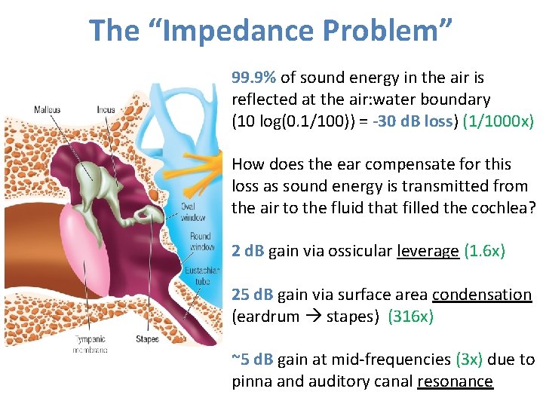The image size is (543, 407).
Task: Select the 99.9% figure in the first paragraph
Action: click(253, 78)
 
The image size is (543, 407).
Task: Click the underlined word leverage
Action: click(428, 251)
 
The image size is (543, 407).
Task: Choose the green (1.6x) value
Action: click(484, 251)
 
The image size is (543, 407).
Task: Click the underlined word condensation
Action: click(482, 295)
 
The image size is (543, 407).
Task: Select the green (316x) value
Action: click(410, 317)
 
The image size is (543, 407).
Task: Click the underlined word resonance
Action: click(455, 381)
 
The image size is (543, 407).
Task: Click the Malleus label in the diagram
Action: click(48, 110)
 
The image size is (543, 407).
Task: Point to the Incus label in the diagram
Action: click(106, 110)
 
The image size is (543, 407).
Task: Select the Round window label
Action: click(201, 242)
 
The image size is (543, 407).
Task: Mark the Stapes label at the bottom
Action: click(148, 339)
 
